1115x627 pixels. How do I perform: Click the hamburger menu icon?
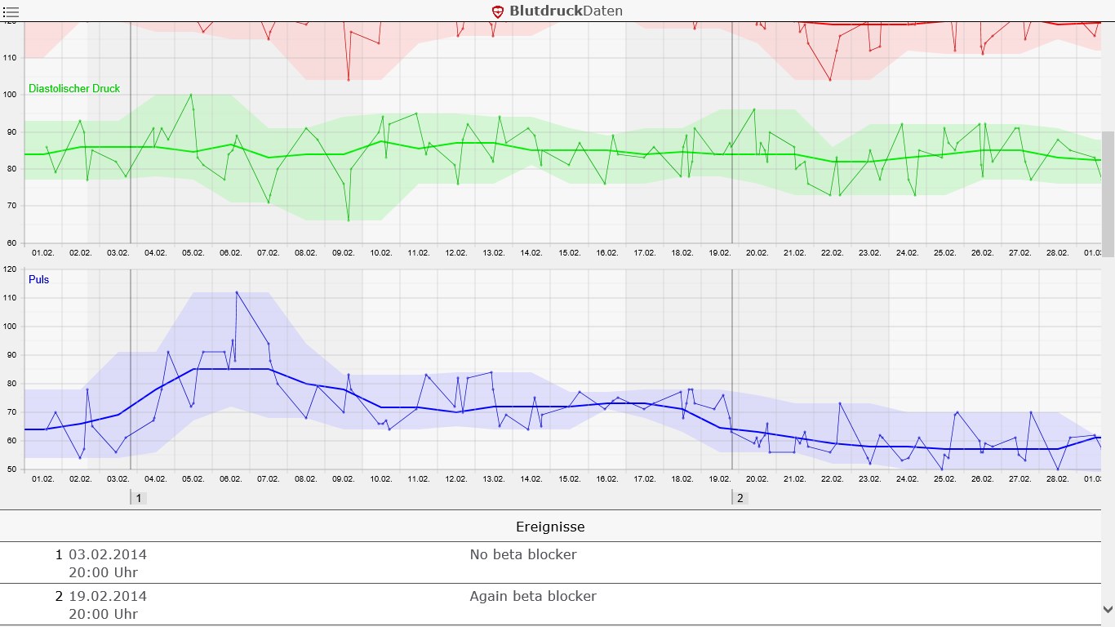(x=11, y=11)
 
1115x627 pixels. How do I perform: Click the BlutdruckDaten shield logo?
(x=498, y=11)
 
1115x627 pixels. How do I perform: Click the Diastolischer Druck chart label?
(x=74, y=88)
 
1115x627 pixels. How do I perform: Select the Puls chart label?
(x=38, y=279)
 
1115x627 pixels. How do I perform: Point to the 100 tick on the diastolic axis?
(x=10, y=95)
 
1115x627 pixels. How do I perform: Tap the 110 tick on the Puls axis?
(x=10, y=298)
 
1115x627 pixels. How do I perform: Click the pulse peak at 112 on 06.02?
(x=237, y=292)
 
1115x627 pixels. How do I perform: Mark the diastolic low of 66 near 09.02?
(x=349, y=220)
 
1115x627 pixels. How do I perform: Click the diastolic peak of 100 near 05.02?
(x=191, y=95)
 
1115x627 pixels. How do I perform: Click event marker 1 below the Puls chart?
(x=139, y=497)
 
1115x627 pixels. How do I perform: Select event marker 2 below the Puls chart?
(x=740, y=497)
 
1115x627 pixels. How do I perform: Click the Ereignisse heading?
(x=550, y=527)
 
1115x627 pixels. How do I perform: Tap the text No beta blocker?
(x=523, y=554)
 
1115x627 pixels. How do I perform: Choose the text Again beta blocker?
(x=533, y=596)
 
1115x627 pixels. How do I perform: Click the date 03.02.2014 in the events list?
(x=108, y=554)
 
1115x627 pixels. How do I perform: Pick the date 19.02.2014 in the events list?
(x=108, y=596)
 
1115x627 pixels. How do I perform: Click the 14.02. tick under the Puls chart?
(x=531, y=479)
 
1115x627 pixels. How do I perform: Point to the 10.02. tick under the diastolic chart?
(x=380, y=253)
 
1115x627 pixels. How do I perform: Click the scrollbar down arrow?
(x=1108, y=609)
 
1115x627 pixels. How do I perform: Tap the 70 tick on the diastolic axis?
(x=10, y=206)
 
